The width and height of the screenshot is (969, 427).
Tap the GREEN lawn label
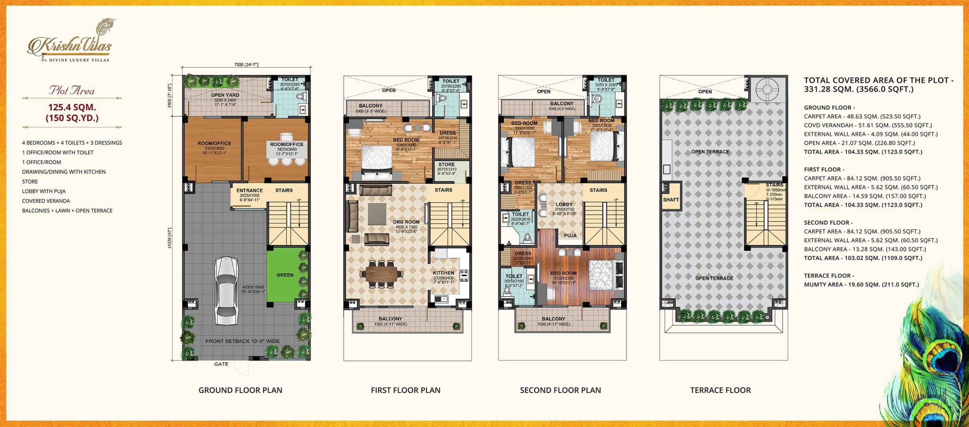point(285,275)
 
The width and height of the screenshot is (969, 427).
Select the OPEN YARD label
point(225,95)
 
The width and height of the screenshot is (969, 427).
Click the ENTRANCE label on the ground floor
point(249,190)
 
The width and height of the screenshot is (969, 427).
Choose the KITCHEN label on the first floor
point(443,273)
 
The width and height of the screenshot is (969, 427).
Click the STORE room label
point(446,164)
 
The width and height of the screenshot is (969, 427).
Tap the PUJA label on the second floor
point(570,235)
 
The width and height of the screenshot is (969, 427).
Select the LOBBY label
point(564,204)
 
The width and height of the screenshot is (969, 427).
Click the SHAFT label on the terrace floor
point(671,199)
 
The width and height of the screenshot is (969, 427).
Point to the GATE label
point(221,364)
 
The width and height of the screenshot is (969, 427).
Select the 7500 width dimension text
point(246,65)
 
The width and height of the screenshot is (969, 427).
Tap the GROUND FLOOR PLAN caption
point(240,390)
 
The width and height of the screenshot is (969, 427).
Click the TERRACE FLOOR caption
point(720,390)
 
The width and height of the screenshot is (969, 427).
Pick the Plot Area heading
point(71,91)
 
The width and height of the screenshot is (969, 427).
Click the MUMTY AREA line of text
point(862,285)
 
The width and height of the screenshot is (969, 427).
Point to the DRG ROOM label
point(406,222)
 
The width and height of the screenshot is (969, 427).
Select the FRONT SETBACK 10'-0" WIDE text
point(242,341)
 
